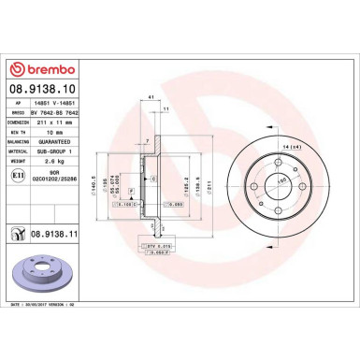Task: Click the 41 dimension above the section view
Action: [x=151, y=97]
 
